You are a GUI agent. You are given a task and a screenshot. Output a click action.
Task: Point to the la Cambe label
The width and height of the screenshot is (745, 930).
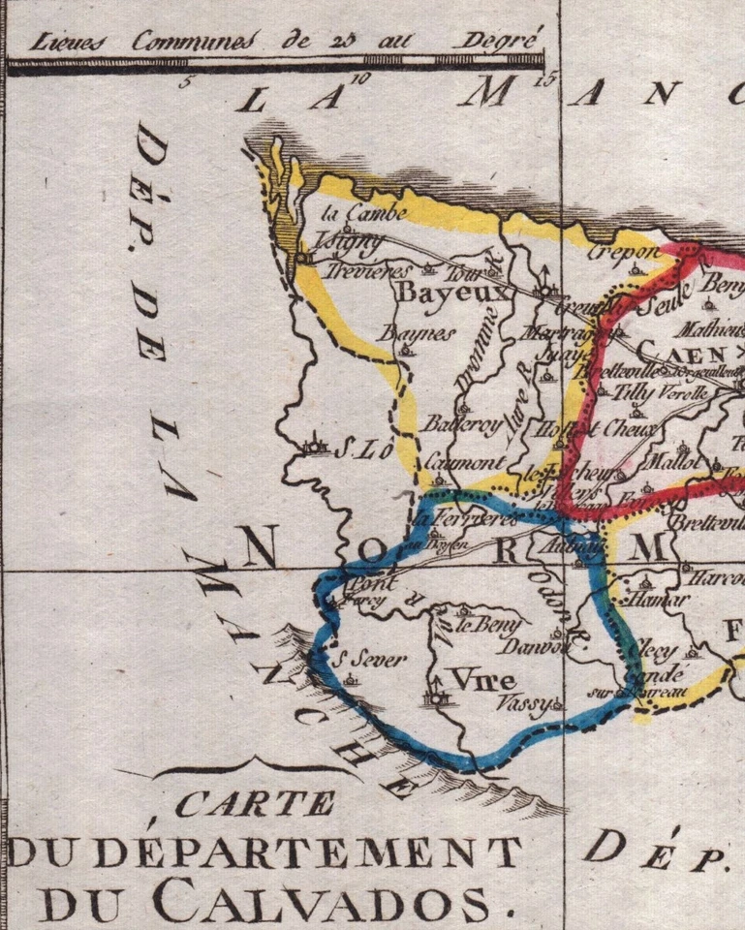point(358,215)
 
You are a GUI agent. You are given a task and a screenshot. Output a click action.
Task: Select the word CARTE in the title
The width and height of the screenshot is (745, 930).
point(257,803)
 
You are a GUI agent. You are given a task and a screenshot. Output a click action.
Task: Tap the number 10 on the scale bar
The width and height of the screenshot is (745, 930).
point(362,80)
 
